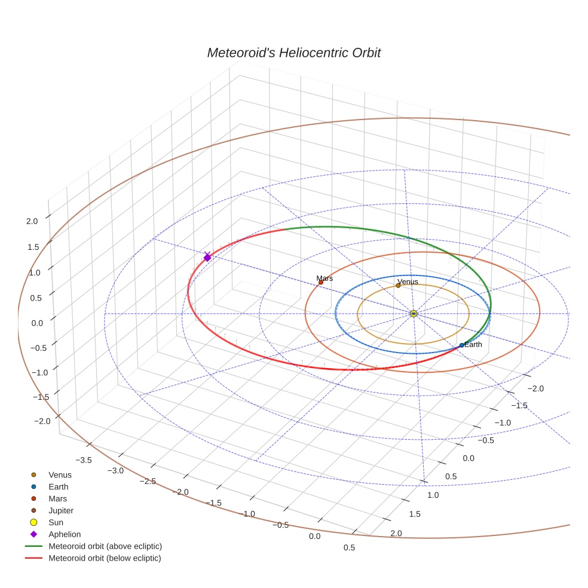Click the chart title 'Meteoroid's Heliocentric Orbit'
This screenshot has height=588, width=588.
tap(293, 53)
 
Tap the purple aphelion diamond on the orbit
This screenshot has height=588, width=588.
tap(207, 258)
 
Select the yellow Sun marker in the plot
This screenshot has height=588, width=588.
tap(414, 313)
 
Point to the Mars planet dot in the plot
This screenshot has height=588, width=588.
tap(321, 282)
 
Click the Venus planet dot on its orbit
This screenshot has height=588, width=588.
tap(398, 286)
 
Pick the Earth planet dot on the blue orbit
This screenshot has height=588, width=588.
tap(462, 345)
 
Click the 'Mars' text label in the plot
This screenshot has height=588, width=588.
tap(325, 278)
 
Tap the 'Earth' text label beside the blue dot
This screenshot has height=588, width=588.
tap(473, 345)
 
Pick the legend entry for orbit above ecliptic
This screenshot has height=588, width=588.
tap(105, 546)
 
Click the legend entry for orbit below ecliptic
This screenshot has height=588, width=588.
tap(105, 558)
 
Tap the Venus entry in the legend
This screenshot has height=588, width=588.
tap(60, 475)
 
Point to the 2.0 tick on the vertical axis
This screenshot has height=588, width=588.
tap(32, 221)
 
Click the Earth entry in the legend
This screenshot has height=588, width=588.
tap(58, 487)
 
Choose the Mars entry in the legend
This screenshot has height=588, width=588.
tap(57, 498)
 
